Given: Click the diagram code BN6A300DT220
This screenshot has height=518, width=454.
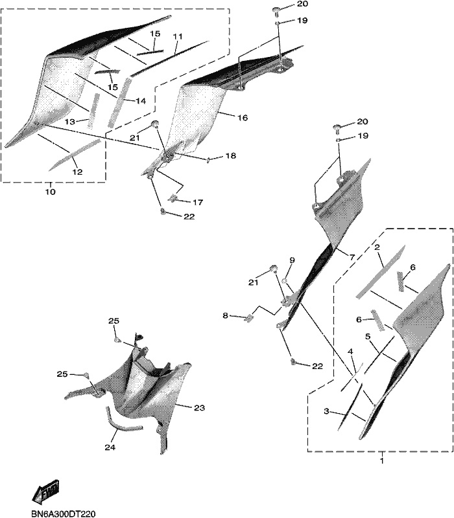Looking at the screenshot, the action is click(x=63, y=513).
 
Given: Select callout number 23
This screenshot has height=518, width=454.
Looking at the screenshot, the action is click(x=199, y=408).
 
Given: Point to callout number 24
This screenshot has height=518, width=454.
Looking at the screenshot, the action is click(x=110, y=447).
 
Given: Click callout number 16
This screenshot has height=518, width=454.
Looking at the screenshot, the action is click(x=243, y=118).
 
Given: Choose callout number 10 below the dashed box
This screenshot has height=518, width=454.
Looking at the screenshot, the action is click(x=51, y=192).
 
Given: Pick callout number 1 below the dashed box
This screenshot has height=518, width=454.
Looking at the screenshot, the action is click(x=382, y=460).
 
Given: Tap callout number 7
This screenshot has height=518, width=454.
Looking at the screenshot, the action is click(x=352, y=256).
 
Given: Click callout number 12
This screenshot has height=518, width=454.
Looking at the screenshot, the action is click(x=77, y=172).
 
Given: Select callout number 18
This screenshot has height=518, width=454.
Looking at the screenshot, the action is click(x=231, y=155).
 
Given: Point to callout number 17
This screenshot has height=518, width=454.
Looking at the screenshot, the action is click(x=198, y=202).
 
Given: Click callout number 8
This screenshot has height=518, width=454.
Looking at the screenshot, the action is click(x=225, y=315).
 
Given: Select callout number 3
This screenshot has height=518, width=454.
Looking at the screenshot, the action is click(x=327, y=411).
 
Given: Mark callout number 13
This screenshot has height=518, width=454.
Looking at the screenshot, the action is click(x=70, y=122).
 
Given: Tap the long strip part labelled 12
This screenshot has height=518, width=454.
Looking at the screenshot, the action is click(x=75, y=155).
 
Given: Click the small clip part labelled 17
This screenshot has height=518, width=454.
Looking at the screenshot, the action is click(x=173, y=198).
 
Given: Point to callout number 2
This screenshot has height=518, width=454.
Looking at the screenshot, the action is click(x=377, y=247).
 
